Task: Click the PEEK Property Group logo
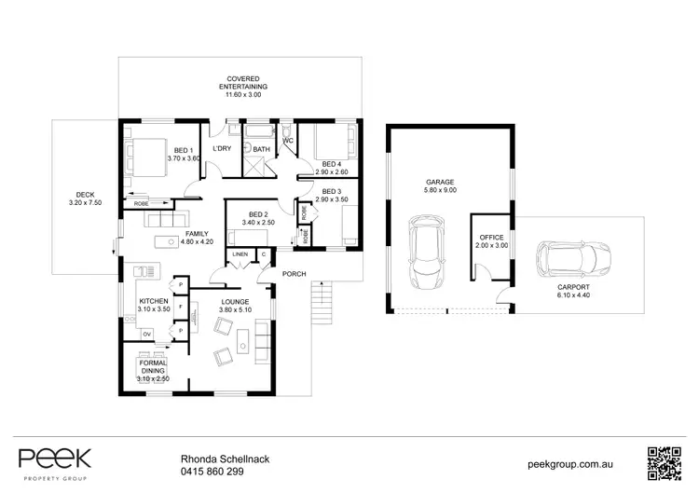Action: (55, 460)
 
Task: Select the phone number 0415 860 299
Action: (211, 472)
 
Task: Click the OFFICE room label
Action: (491, 238)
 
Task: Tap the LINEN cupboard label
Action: (240, 253)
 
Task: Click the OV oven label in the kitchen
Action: (146, 333)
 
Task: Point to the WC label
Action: (288, 142)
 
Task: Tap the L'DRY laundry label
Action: (222, 149)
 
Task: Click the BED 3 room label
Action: (331, 191)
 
